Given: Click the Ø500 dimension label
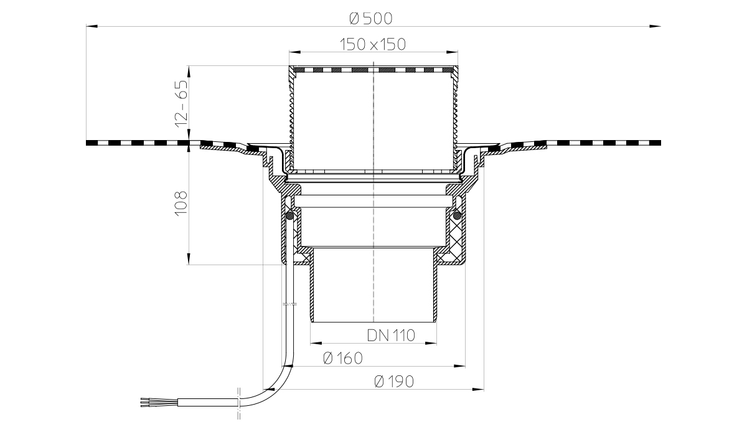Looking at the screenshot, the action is (x=371, y=19).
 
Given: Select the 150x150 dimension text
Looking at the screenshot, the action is (x=372, y=44).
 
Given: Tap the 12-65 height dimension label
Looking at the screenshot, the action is (x=182, y=104).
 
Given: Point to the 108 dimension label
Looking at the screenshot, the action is (x=181, y=204).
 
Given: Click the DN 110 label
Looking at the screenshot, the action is (x=391, y=336).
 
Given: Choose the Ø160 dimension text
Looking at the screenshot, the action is (x=343, y=359).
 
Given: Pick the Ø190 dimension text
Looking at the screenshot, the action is (x=394, y=382).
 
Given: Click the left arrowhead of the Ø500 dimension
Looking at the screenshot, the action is (x=92, y=26).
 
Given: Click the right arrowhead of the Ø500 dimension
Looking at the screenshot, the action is (x=655, y=26).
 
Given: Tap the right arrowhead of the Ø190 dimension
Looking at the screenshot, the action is (x=478, y=389).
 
